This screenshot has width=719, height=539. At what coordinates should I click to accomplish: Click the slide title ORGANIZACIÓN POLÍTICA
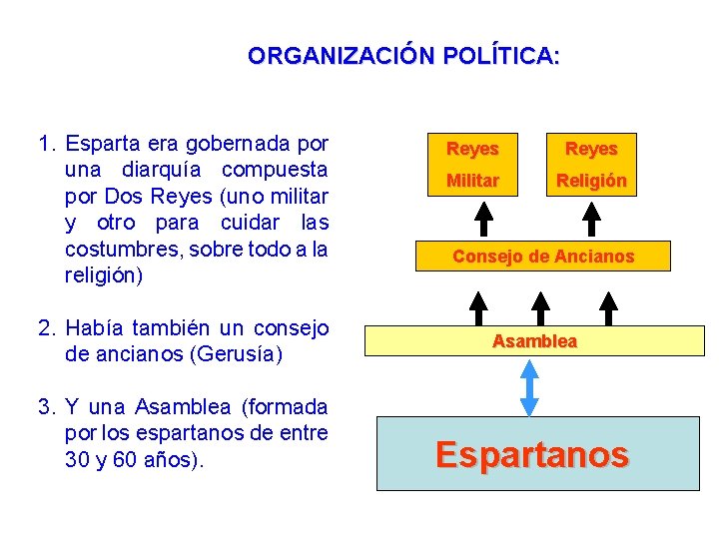(x=403, y=56)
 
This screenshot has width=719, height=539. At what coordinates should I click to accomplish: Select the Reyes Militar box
(x=472, y=164)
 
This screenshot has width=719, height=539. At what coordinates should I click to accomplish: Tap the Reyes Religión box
(x=591, y=164)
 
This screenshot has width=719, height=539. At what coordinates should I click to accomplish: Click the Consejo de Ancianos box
(x=542, y=257)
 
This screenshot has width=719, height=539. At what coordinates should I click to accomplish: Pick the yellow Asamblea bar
(x=534, y=341)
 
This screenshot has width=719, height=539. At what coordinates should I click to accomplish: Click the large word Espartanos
(x=532, y=455)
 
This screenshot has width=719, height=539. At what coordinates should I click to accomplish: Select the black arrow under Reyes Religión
(x=592, y=218)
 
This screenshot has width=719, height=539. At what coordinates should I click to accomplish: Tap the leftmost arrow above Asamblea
(x=478, y=306)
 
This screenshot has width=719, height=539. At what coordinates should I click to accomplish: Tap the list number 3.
(x=45, y=407)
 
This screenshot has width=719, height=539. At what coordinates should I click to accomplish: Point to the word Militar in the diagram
(x=472, y=181)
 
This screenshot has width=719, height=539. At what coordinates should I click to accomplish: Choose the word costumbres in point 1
(x=109, y=249)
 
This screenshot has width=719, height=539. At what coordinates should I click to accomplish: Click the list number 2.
(x=45, y=328)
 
